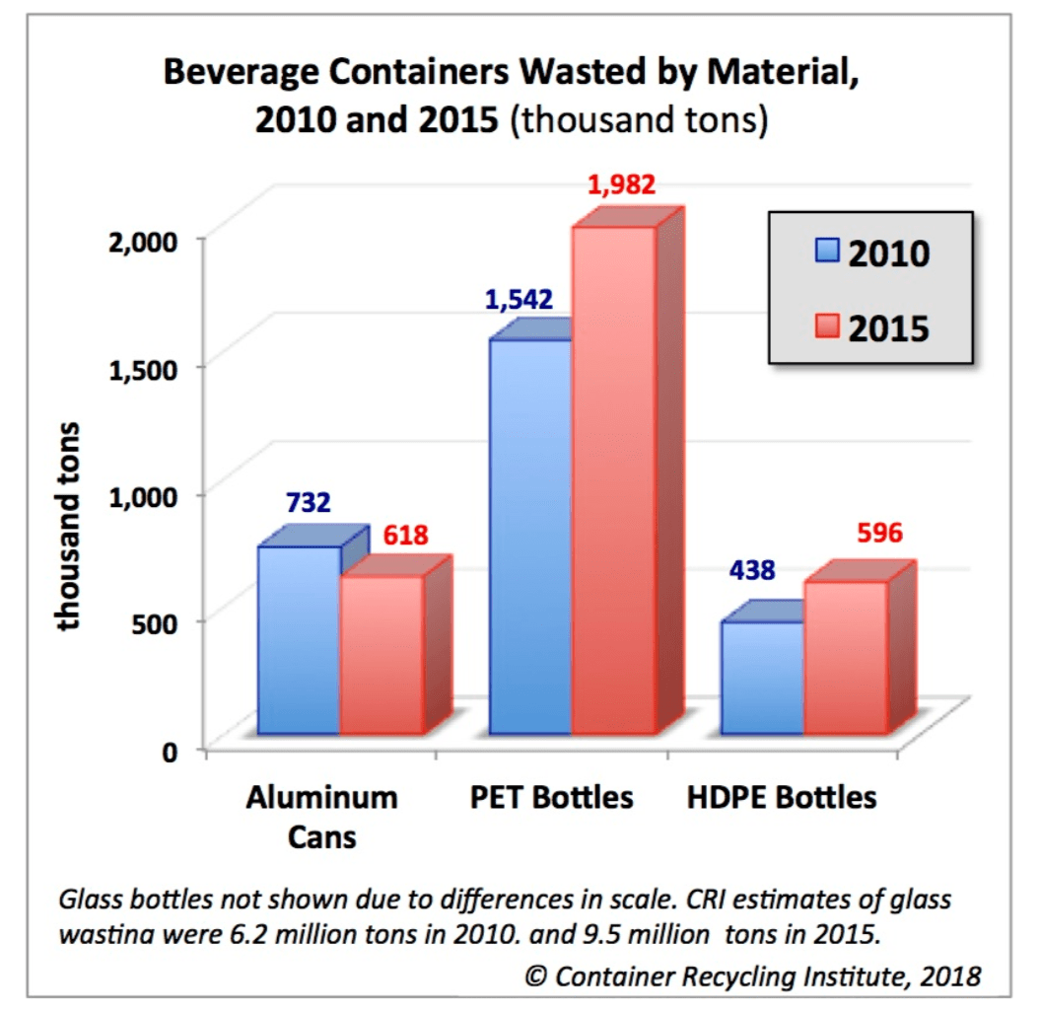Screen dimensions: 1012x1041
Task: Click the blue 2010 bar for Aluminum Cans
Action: [x=299, y=641]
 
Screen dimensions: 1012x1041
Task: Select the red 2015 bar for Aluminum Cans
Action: [x=382, y=656]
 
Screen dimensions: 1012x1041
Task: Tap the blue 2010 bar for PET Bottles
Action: [x=530, y=538]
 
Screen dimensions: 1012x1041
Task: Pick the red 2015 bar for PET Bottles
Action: [x=614, y=480]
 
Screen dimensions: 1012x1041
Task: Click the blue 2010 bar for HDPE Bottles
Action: [x=762, y=678]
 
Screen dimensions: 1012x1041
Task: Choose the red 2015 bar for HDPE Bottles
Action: [x=846, y=658]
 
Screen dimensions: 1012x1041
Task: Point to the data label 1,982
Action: [x=621, y=184]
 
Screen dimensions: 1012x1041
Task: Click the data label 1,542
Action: [x=519, y=299]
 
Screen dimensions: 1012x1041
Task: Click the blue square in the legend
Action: [x=827, y=253]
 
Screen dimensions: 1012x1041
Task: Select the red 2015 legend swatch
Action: [x=827, y=326]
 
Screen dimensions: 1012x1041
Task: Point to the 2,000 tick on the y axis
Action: [x=150, y=240]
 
